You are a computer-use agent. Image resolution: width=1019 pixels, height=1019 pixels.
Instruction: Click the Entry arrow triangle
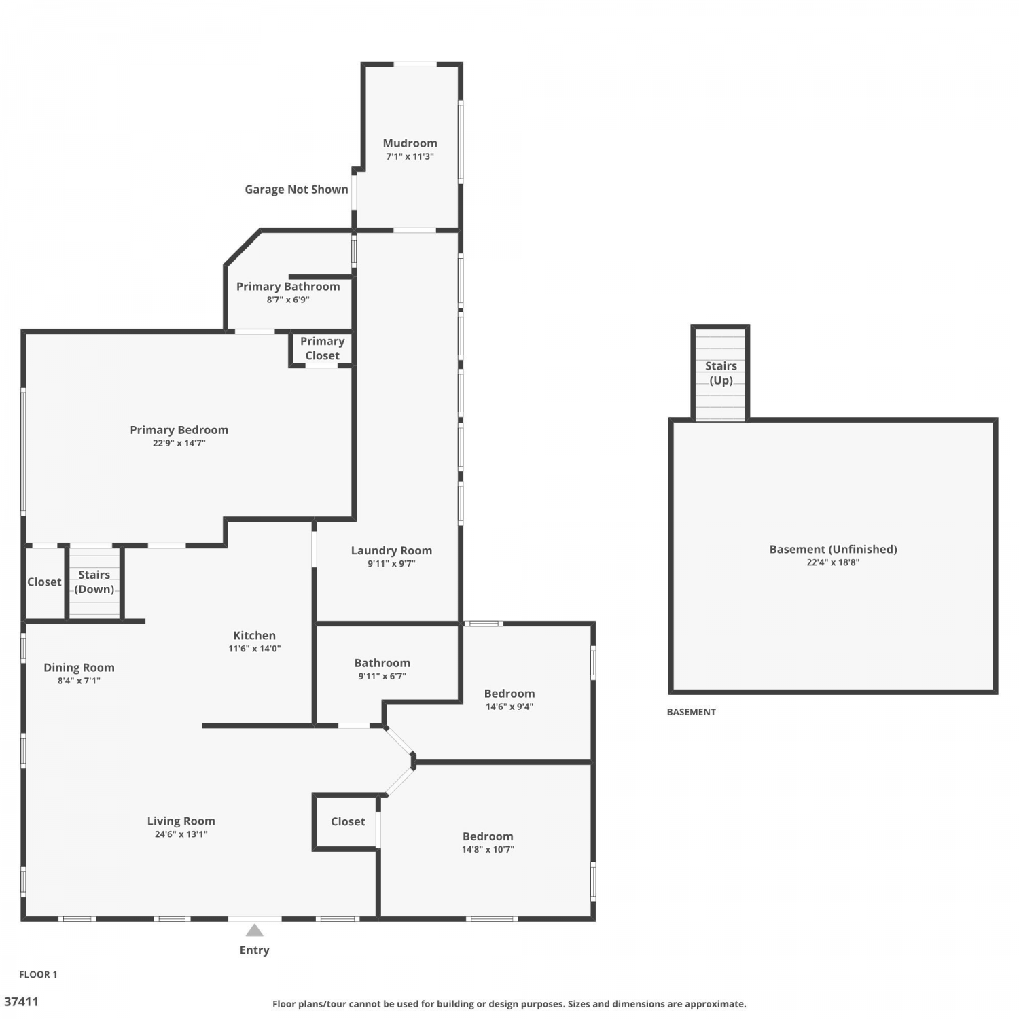pos(254,930)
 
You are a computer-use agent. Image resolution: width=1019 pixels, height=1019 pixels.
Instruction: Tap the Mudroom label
pos(410,143)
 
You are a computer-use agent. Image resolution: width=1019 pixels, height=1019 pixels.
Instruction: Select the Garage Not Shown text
pos(296,190)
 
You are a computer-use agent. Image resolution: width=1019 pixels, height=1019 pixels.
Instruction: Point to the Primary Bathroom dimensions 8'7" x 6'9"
pos(288,300)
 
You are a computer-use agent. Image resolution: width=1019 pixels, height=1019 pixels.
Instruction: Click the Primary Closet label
pos(322,348)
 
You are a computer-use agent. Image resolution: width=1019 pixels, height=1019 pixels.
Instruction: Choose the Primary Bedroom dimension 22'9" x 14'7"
pos(179,443)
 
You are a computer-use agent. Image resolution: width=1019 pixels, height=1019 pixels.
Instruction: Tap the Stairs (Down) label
pos(94,582)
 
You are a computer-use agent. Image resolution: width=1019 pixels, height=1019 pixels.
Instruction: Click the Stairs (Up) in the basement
pos(721,373)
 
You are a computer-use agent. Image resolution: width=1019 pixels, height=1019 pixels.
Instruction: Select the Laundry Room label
pos(391,551)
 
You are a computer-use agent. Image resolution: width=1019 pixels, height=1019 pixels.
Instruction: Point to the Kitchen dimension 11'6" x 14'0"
pos(254,649)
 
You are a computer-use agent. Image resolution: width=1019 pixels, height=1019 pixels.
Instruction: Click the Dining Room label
pos(79,668)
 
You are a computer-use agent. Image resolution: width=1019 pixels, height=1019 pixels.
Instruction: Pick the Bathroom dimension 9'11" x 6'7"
pos(382,676)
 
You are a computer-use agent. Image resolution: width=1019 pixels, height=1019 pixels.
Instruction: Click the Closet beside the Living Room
pos(348,821)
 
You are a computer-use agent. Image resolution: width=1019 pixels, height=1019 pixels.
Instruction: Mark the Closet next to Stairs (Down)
pos(44,582)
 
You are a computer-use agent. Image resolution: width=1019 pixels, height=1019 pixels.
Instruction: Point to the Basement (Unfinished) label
pos(833,550)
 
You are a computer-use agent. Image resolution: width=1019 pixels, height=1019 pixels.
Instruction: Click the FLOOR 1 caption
pos(38,974)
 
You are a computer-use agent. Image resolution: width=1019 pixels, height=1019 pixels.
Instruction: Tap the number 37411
pos(22,1001)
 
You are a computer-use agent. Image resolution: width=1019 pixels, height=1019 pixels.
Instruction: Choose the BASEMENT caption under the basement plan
pos(691,712)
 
